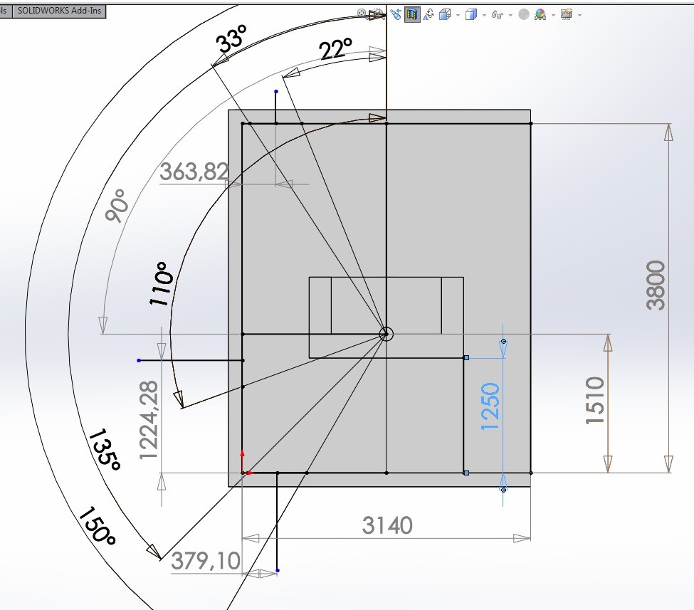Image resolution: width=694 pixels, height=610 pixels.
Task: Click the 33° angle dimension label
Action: click(x=231, y=39)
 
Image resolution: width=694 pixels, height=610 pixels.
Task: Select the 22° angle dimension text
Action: click(x=335, y=48)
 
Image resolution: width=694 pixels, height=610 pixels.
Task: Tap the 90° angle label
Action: click(x=117, y=205)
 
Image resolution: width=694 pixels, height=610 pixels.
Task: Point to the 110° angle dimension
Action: click(x=161, y=284)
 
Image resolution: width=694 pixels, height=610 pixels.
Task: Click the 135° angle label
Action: click(x=105, y=449)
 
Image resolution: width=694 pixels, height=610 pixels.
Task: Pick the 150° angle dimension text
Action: click(x=98, y=526)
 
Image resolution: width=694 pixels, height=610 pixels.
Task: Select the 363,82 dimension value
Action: click(x=194, y=172)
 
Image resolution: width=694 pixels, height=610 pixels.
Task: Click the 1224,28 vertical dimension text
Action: click(x=148, y=420)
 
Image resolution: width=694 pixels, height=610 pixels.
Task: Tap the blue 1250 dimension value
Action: click(x=490, y=406)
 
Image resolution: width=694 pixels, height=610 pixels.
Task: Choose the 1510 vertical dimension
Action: click(x=594, y=401)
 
